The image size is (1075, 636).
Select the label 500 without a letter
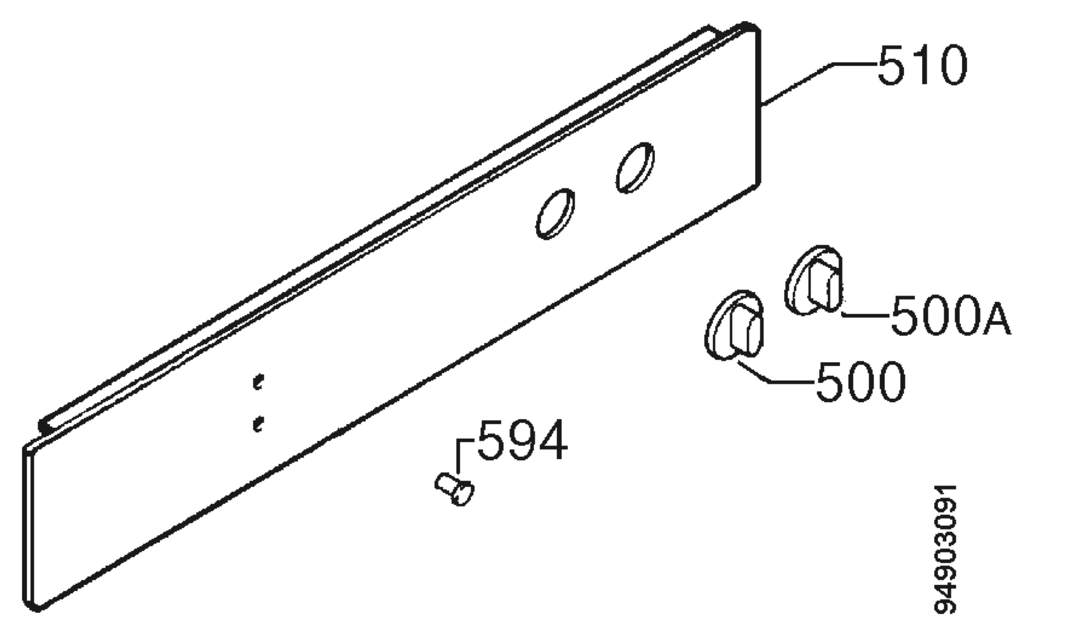(860, 382)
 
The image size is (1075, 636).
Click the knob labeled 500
(734, 324)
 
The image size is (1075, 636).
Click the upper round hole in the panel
(635, 168)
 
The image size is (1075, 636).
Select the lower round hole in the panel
(555, 214)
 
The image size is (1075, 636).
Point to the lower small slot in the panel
(258, 423)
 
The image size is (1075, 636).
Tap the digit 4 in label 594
(553, 440)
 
